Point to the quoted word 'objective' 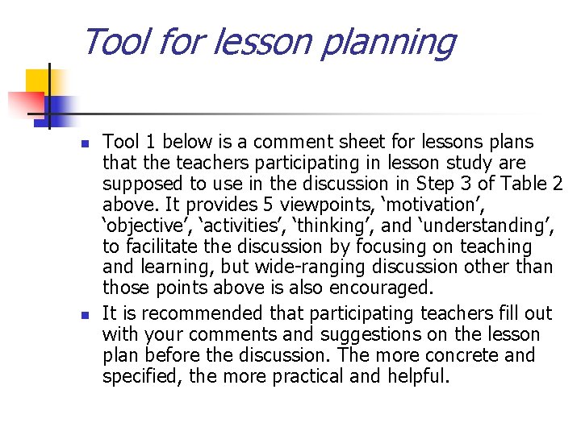click(148, 226)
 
